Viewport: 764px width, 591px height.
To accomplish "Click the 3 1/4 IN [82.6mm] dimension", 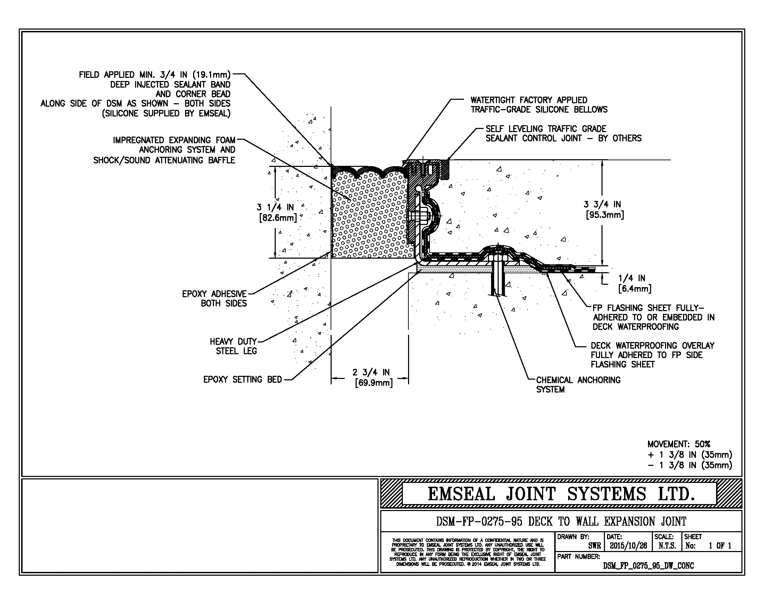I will [277, 212].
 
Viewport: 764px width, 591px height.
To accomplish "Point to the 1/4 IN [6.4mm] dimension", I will [634, 283].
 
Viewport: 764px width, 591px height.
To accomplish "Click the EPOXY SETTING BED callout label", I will [242, 380].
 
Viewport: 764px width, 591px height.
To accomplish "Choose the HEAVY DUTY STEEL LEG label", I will [233, 346].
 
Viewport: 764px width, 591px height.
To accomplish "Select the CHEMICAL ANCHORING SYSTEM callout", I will [578, 384].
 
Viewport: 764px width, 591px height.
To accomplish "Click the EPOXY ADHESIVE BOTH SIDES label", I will [214, 299].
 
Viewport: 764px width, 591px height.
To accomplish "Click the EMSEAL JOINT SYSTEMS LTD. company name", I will [561, 494].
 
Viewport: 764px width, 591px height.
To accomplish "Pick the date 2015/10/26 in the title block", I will [628, 545].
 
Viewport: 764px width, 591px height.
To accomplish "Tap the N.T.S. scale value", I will [667, 545].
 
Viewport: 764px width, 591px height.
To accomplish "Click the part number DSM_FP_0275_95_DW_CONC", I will [648, 565].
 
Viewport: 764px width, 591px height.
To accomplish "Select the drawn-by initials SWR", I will [594, 545].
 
